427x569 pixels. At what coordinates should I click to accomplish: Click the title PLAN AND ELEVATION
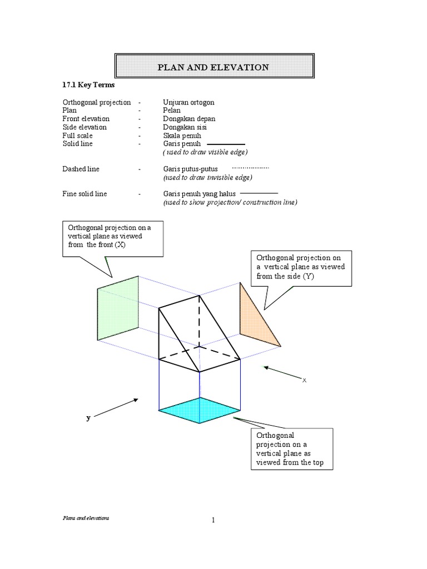pos(213,67)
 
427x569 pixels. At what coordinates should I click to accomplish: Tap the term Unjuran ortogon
pos(188,102)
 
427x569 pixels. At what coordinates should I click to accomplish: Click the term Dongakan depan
pos(189,119)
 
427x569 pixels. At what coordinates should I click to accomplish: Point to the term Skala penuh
pos(182,136)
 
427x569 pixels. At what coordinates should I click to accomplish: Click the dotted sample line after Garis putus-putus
pos(250,167)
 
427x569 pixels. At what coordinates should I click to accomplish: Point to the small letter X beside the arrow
pos(304,381)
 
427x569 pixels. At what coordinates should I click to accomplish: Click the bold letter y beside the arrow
pos(88,418)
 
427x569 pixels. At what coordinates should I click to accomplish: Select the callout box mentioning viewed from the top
pos(291,448)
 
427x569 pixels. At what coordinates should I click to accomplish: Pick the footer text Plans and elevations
pos(85,517)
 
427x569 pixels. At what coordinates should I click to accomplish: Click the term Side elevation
pos(85,127)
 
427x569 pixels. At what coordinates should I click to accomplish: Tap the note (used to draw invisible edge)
pos(207,177)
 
